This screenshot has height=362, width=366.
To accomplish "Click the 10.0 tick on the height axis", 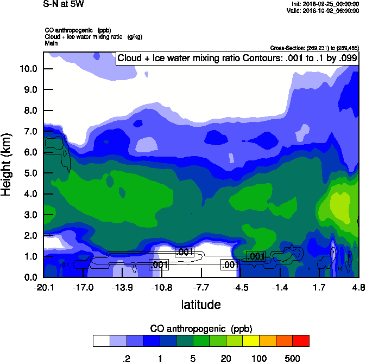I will (29, 69).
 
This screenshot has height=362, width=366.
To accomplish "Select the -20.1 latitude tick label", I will (43, 287).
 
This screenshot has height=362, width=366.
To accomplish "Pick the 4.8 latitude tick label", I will (358, 287).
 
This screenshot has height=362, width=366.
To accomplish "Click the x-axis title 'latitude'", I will (201, 305).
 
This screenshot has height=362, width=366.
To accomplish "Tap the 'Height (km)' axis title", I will (7, 165).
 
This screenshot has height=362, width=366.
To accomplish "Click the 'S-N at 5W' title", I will (64, 4).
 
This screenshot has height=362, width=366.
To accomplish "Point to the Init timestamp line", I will (324, 4).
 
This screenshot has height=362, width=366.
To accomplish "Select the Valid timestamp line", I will (324, 10).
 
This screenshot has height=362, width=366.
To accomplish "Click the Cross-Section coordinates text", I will (314, 48).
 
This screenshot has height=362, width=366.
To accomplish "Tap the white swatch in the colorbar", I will (101, 340).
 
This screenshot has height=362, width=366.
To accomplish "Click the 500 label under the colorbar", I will (292, 358).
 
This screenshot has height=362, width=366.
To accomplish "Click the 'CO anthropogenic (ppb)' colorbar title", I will (201, 328).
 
